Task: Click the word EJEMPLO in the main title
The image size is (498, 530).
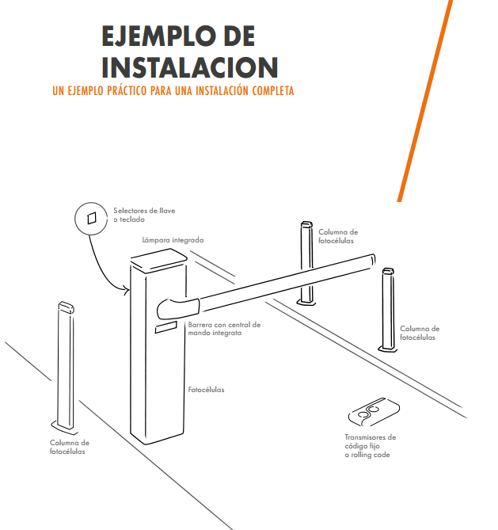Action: tap(159, 36)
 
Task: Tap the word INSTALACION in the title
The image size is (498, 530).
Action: tap(190, 67)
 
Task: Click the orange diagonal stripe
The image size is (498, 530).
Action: tap(425, 101)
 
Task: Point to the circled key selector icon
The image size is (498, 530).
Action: tap(91, 219)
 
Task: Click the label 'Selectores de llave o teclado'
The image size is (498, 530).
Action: tap(144, 215)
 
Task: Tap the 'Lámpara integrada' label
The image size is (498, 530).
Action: tap(173, 240)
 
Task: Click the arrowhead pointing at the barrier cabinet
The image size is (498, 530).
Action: tap(126, 290)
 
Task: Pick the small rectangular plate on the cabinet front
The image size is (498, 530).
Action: tap(166, 327)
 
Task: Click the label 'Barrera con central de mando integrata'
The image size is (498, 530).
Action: tap(224, 329)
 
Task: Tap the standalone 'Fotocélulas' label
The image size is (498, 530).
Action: tap(206, 390)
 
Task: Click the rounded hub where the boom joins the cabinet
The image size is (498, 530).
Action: tap(178, 308)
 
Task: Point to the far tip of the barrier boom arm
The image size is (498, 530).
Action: tap(374, 260)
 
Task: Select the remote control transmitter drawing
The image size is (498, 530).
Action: tap(374, 412)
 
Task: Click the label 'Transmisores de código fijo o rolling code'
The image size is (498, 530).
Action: tap(370, 446)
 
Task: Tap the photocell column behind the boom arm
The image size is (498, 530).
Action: tap(306, 264)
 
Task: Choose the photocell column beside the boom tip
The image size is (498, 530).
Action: tap(388, 310)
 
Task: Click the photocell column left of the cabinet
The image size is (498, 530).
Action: tap(65, 368)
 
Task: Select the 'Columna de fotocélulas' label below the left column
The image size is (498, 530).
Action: tap(70, 447)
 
